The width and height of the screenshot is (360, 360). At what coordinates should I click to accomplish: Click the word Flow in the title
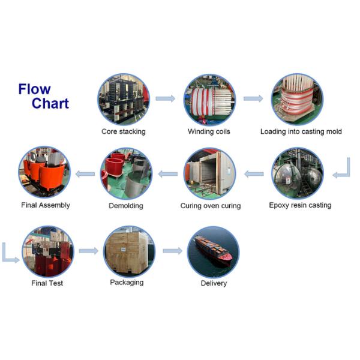34,89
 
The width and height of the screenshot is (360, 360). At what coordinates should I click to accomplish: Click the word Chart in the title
50,103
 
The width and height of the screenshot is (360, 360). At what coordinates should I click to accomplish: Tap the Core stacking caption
123,131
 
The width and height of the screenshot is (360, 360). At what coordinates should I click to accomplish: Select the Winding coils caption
209,131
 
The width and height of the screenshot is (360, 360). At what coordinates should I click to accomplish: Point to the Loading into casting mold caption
301,131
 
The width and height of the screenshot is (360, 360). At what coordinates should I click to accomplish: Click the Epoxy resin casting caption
300,205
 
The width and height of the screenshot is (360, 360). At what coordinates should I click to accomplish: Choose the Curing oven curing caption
210,206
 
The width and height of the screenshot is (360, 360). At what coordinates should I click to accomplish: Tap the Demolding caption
125,206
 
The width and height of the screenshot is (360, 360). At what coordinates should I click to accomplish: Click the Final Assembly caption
46,205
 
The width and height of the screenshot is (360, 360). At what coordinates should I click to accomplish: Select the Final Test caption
47,283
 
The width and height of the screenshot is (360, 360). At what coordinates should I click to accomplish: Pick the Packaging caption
127,282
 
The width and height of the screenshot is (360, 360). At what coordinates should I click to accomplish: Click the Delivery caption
214,283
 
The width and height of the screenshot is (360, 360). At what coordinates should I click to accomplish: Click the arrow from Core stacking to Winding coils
165,98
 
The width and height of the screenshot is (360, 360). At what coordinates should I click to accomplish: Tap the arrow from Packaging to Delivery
172,251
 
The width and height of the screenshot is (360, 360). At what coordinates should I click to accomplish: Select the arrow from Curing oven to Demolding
168,174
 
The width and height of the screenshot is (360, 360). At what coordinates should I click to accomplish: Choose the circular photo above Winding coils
209,99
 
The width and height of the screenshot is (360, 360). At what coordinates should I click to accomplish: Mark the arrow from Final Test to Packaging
88,251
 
